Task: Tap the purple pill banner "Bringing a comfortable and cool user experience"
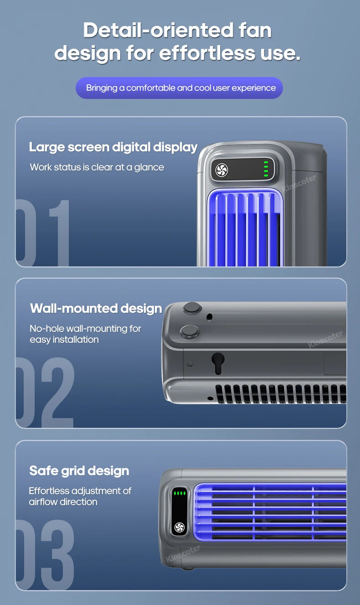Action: tap(179, 88)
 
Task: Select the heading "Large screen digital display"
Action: tap(113, 147)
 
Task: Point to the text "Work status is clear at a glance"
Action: tap(97, 167)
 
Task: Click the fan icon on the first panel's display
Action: tap(221, 170)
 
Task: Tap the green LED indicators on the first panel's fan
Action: tap(266, 169)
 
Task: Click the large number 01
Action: tap(43, 233)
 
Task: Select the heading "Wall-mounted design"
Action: tap(96, 309)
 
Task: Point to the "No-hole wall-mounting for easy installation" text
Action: tap(85, 334)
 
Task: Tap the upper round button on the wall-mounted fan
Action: tap(192, 308)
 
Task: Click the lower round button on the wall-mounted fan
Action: tap(190, 331)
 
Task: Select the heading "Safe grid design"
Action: tap(79, 471)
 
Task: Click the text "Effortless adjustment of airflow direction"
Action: tap(80, 496)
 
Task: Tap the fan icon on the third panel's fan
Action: tap(179, 527)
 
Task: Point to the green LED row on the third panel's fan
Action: tap(180, 493)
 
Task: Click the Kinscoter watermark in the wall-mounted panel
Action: tap(325, 339)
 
